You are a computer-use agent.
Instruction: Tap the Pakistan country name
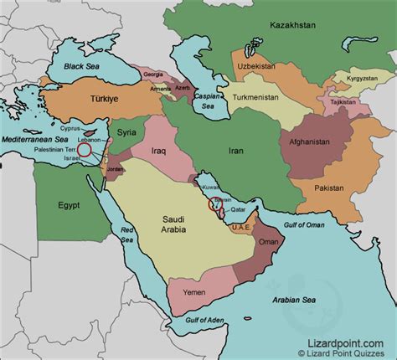(353, 189)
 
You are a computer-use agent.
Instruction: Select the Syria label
(126, 132)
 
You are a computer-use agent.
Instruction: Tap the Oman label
(269, 242)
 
